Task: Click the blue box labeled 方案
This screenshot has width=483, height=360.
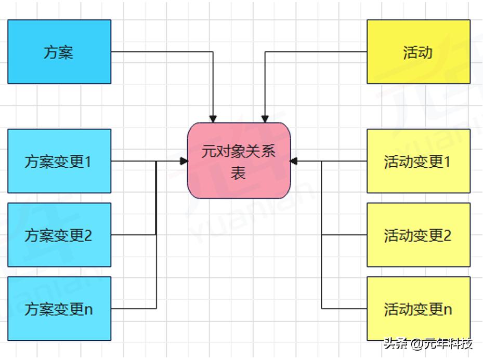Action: (x=59, y=52)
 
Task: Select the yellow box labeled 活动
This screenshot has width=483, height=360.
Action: (x=419, y=52)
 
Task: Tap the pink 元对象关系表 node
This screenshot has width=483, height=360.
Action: (x=239, y=161)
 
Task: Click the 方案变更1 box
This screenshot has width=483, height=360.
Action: (x=59, y=161)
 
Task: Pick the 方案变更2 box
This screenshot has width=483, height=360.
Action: (x=59, y=235)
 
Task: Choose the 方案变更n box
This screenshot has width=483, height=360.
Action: (x=59, y=309)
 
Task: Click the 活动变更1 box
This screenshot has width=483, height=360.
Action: (x=419, y=161)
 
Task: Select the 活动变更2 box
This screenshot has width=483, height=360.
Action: (x=419, y=235)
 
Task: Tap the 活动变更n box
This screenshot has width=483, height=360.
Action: (x=419, y=309)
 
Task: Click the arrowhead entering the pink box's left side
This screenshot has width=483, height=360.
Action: (x=184, y=161)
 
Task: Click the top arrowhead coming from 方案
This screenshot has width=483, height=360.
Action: (x=213, y=118)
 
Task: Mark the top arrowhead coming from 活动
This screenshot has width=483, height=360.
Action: (x=265, y=118)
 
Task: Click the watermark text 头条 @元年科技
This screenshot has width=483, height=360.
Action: (x=428, y=344)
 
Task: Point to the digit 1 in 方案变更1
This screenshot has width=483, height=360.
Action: (x=88, y=162)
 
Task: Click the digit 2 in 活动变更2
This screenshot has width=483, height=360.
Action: (x=447, y=235)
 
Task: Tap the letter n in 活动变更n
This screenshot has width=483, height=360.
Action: (x=448, y=310)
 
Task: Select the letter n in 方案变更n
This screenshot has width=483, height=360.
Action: (x=88, y=310)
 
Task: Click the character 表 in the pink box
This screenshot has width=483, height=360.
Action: (x=238, y=174)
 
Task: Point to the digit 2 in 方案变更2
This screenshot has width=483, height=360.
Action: (x=88, y=235)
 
